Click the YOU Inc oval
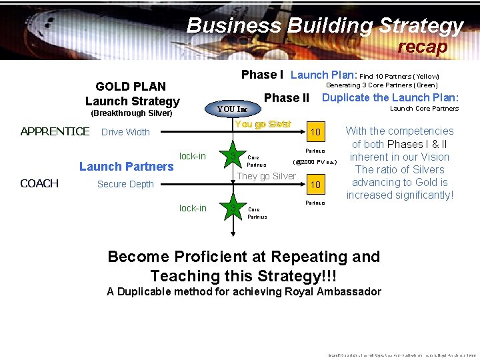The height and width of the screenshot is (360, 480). [x=233, y=109]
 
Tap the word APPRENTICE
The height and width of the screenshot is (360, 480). [x=55, y=131]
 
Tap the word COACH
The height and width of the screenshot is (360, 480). [x=39, y=183]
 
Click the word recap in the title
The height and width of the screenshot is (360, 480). [x=423, y=47]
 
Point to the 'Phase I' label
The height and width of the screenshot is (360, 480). [x=262, y=75]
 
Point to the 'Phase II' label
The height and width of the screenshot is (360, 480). [x=287, y=98]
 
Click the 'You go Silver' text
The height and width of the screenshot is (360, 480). [x=263, y=125]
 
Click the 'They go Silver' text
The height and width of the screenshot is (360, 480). [x=267, y=176]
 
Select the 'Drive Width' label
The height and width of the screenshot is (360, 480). [x=125, y=132]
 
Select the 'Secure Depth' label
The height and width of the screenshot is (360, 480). [x=125, y=184]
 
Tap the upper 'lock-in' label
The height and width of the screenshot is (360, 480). [x=193, y=156]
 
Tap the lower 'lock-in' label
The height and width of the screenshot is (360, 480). [x=193, y=208]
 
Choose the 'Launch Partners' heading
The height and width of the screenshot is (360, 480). [x=126, y=166]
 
